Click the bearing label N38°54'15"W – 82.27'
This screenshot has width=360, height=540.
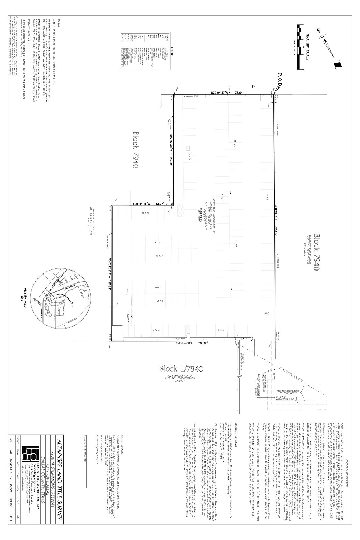tap(148, 204)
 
